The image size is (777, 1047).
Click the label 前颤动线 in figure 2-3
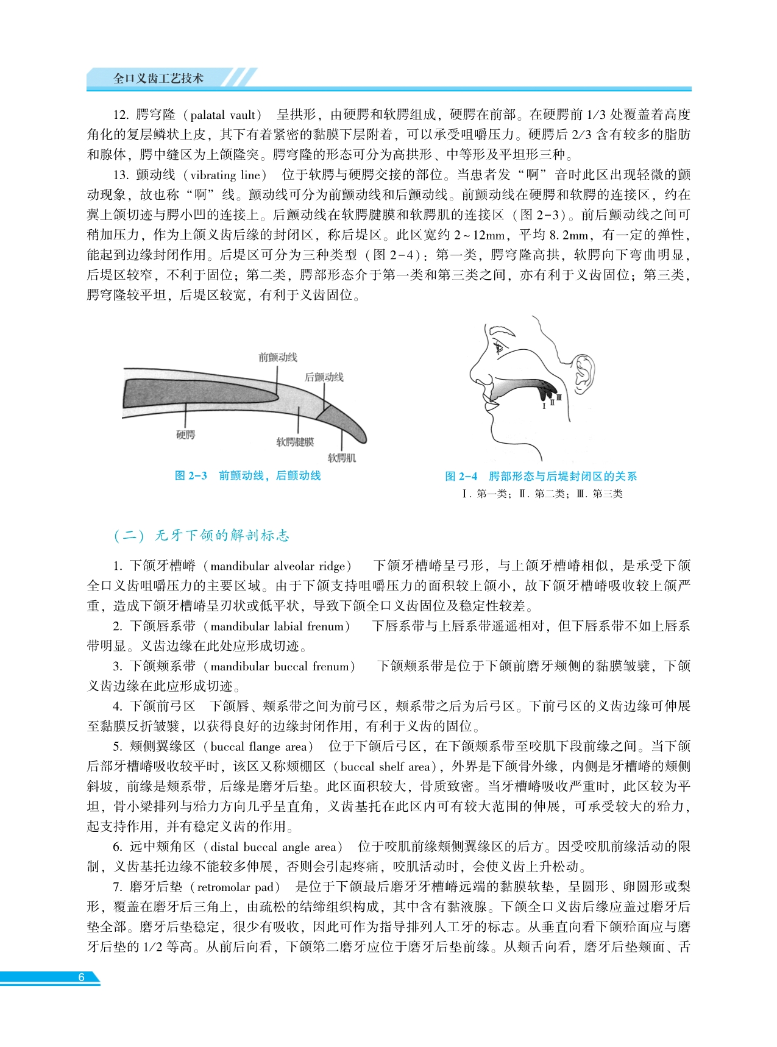click(x=277, y=357)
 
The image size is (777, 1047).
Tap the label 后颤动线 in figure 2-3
click(x=324, y=377)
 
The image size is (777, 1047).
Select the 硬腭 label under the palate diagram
click(x=185, y=435)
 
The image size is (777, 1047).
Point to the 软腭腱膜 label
click(x=295, y=442)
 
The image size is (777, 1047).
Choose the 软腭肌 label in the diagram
click(x=341, y=458)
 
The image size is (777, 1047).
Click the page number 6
click(x=81, y=977)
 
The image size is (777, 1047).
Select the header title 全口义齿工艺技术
click(x=158, y=79)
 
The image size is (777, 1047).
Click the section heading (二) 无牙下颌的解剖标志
click(x=202, y=535)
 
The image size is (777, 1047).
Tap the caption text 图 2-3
click(x=191, y=475)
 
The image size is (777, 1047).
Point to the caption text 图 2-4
click(x=461, y=476)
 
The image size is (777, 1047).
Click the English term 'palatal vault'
click(x=222, y=115)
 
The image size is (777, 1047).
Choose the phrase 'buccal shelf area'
click(x=385, y=766)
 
